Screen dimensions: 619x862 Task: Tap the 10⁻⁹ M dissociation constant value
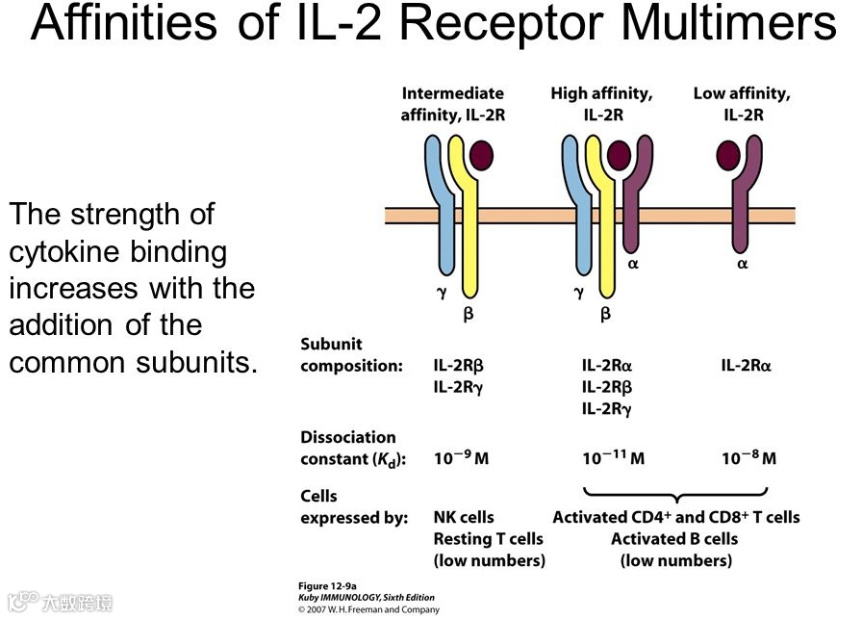461,458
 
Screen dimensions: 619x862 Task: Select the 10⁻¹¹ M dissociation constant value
613,458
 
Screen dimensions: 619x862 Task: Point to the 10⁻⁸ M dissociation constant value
748,458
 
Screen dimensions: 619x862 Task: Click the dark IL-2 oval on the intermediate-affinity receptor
481,155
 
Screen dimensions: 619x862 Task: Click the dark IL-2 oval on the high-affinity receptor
619,155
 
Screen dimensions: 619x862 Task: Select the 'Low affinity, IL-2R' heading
742,104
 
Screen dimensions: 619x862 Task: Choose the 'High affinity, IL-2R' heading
602,104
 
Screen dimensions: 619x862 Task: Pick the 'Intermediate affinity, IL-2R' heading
452,104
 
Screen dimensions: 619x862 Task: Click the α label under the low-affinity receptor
742,263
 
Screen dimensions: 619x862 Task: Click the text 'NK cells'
464,517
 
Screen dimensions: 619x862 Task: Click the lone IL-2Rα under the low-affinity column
747,366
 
